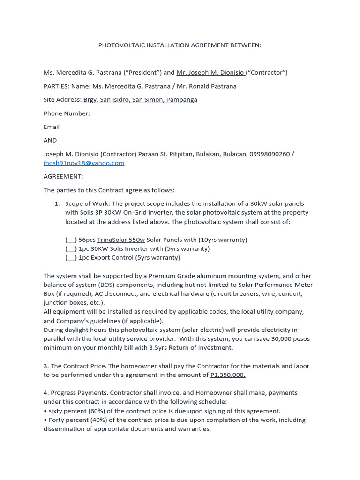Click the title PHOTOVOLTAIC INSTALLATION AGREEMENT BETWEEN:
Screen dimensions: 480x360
pos(180,45)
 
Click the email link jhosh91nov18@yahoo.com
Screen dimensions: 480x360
pos(84,163)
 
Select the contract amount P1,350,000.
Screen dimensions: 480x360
pos(228,375)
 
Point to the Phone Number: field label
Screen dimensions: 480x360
pos(67,113)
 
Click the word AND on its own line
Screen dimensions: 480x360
pos(50,140)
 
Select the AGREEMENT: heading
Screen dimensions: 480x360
pos(63,176)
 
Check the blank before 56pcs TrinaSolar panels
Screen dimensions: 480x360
pos(71,240)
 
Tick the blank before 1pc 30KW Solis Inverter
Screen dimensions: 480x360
pos(71,249)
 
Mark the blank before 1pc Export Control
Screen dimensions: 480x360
pos(71,258)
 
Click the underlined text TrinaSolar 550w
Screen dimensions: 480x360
pos(121,240)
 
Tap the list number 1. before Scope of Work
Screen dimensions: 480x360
pos(57,204)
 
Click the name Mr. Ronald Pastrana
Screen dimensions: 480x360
pos(206,86)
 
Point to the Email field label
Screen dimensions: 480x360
pos(52,127)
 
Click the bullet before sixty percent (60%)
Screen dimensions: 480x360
pos(45,411)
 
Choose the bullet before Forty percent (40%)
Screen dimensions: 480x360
pos(45,420)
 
